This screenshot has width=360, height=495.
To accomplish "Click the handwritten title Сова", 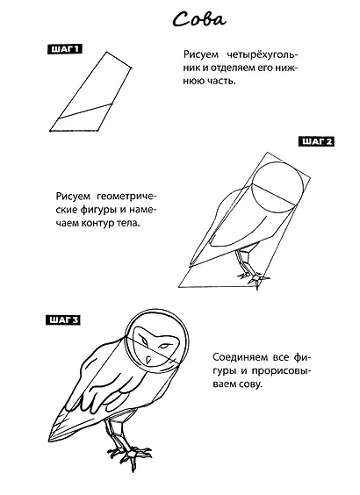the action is pyautogui.click(x=199, y=19).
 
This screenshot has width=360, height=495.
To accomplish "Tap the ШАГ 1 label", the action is pyautogui.click(x=64, y=49).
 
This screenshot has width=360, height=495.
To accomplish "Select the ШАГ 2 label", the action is pyautogui.click(x=316, y=141).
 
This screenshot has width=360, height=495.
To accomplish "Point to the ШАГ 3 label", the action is pyautogui.click(x=63, y=319).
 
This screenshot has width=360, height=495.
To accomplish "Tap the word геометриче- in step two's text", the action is pyautogui.click(x=126, y=197).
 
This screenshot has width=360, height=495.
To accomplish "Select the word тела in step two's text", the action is pyautogui.click(x=131, y=223).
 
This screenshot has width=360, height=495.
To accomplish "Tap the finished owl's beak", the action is pyautogui.click(x=148, y=359).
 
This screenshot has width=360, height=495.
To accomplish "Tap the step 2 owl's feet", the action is pyautogui.click(x=255, y=279).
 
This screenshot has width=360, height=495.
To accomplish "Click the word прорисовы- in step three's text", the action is pyautogui.click(x=281, y=371).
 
